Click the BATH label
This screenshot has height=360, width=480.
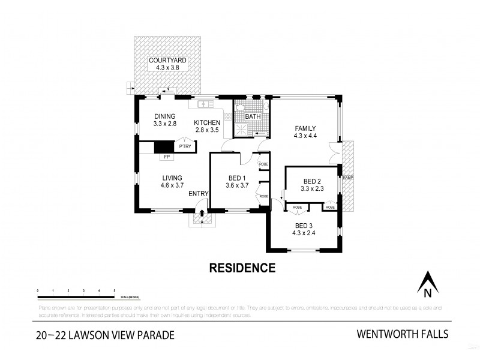coord(252,116)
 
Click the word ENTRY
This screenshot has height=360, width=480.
coord(199,193)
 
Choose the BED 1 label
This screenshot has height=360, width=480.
coord(238,181)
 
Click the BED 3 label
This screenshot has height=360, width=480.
coord(304,229)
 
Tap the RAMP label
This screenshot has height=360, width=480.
coord(347,178)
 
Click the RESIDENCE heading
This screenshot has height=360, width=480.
coord(242,268)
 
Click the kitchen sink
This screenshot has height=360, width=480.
coord(203,104)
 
